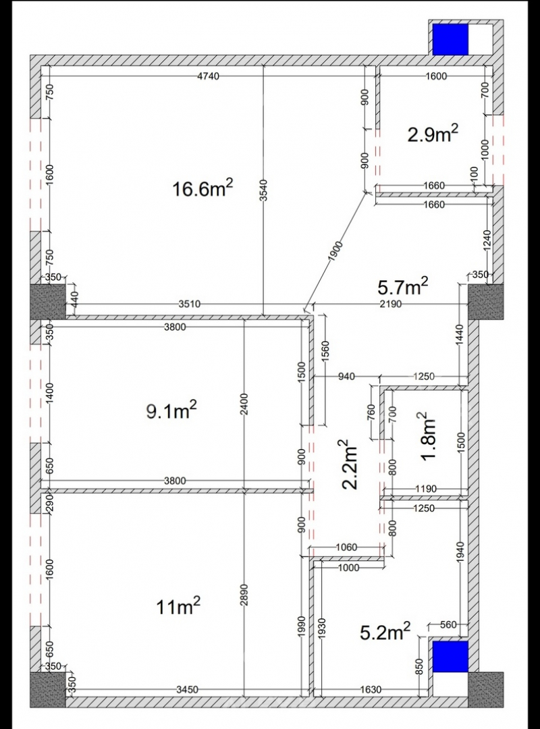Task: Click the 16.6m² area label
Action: click(x=202, y=189)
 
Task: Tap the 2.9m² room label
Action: click(x=433, y=134)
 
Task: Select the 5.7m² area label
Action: click(x=403, y=287)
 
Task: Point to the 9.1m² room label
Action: click(x=171, y=410)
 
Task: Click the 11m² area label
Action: click(x=179, y=606)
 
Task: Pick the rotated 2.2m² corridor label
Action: click(x=350, y=465)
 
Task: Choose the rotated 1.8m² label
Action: click(x=429, y=436)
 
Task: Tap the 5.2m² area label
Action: click(x=385, y=631)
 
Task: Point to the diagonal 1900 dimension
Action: click(x=334, y=252)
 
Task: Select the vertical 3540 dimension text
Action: click(x=264, y=190)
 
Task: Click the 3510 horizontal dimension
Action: click(x=189, y=304)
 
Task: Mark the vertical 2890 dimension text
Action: click(x=245, y=595)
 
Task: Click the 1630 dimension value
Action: click(x=370, y=689)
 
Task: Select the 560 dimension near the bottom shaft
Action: click(x=448, y=625)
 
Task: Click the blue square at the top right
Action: click(x=450, y=39)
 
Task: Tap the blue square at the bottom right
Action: click(x=450, y=657)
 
